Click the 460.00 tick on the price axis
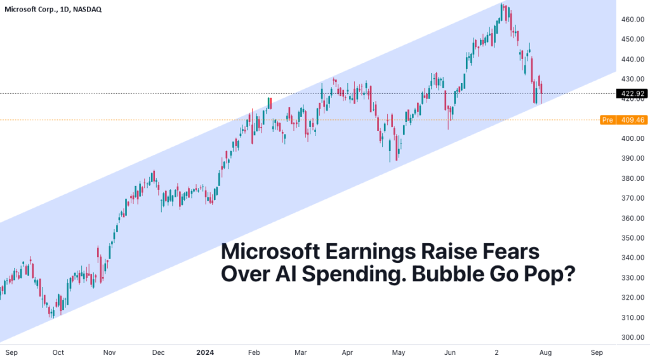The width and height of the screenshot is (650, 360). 632,20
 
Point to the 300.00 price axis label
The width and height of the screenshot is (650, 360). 632,337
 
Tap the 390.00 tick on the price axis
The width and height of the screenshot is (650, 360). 632,159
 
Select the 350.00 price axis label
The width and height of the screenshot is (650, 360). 632,238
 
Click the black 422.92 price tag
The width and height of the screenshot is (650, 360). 632,93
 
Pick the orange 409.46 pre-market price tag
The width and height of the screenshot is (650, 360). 632,119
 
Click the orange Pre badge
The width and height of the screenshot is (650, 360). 607,119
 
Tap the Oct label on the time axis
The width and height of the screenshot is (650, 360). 58,352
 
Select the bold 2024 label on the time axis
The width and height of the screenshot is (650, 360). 206,352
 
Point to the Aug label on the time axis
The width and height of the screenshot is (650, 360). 546,352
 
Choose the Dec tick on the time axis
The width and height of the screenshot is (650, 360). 159,352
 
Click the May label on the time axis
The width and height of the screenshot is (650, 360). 398,352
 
